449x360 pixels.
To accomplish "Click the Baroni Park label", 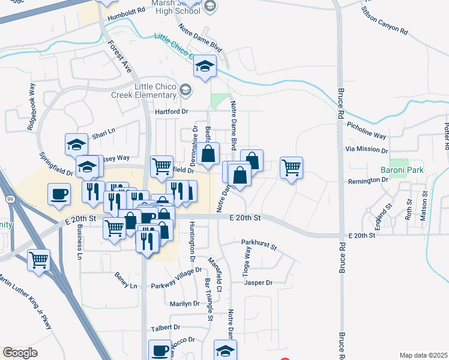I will click(402, 170).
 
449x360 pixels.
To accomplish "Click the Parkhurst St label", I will click(259, 245).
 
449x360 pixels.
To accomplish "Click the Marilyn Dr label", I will click(184, 304).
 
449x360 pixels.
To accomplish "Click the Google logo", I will click(20, 353).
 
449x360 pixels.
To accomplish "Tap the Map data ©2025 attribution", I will click(423, 355).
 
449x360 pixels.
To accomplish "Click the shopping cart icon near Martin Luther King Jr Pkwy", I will click(38, 260).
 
